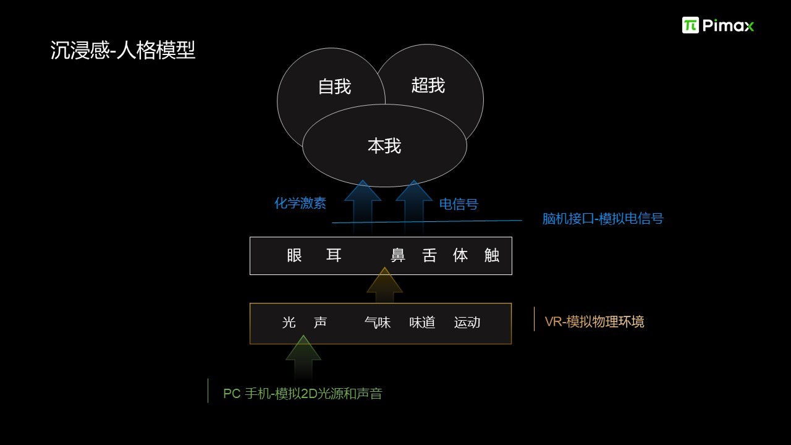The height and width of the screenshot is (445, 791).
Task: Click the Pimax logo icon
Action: [x=690, y=25]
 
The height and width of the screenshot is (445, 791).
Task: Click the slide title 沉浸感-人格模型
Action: [x=122, y=50]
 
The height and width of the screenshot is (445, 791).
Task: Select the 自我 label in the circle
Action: [x=334, y=87]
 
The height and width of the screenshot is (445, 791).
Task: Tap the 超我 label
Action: [x=428, y=85]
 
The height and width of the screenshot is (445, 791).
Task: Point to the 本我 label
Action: [x=384, y=146]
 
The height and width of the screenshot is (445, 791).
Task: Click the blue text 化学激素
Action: [x=300, y=203]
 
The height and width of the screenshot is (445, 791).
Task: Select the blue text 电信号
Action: [x=459, y=204]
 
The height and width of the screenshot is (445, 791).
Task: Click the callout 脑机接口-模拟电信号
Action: [x=603, y=219]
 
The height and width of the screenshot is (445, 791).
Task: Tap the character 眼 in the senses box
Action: [x=294, y=255]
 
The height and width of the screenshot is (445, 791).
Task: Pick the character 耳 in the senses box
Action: [x=334, y=255]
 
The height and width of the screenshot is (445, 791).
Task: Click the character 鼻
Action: [x=397, y=255]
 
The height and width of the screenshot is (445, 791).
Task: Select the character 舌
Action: [x=429, y=255]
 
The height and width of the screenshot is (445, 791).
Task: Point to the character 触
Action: [x=491, y=255]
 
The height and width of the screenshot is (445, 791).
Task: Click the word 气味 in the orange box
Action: [x=378, y=323]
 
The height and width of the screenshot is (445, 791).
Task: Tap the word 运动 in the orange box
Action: [x=467, y=323]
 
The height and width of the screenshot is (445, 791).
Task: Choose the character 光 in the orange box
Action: [x=289, y=323]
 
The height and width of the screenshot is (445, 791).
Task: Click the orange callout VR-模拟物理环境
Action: [x=594, y=322]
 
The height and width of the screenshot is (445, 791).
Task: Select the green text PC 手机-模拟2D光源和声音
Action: [x=303, y=394]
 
